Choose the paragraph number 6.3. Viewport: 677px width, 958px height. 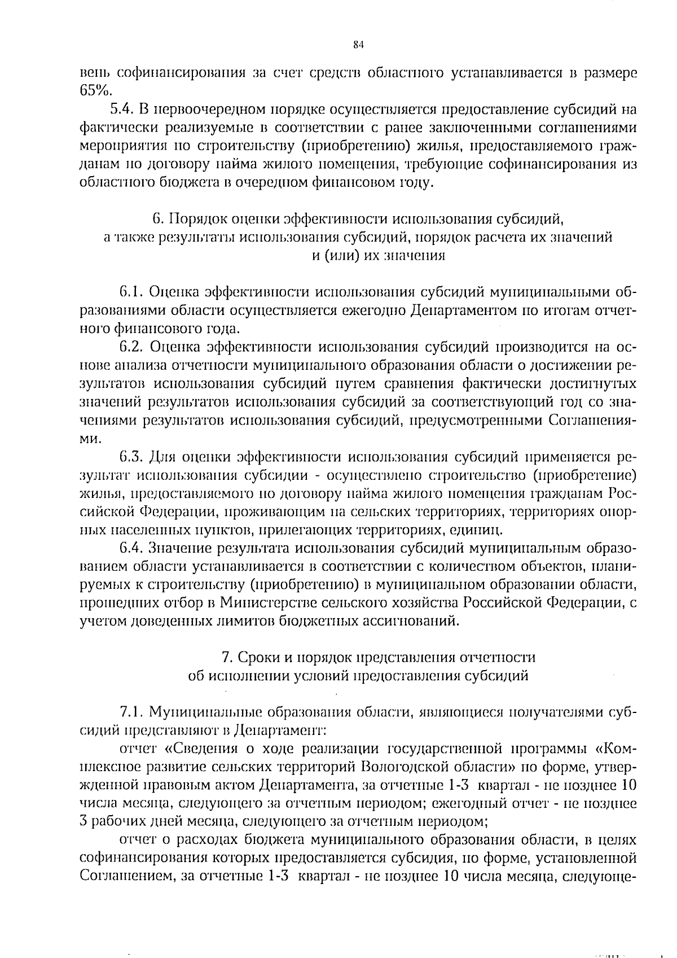(x=133, y=456)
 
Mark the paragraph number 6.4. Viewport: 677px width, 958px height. (x=133, y=548)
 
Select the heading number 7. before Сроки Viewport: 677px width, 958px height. (x=227, y=658)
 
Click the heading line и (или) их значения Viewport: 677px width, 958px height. (x=379, y=255)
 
